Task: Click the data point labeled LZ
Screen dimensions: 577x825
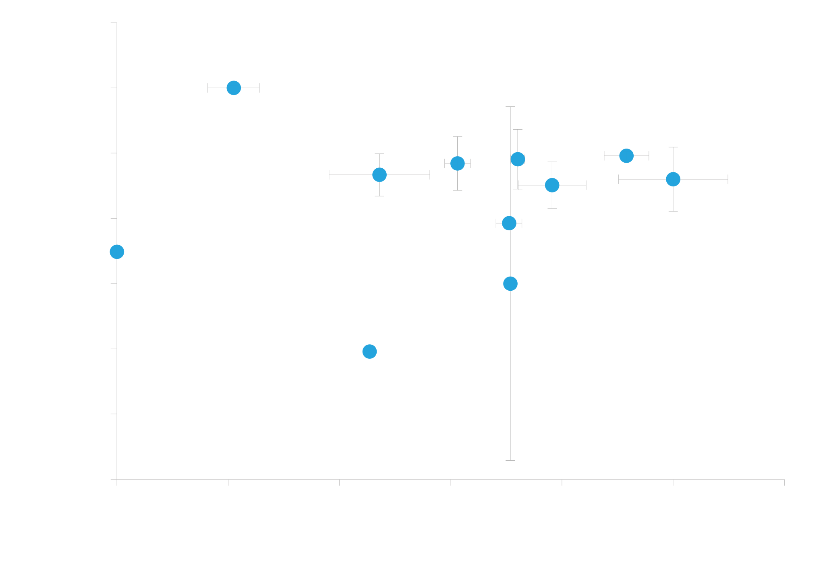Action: point(234,88)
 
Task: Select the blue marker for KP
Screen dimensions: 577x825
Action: point(117,252)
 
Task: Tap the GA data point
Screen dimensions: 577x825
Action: point(369,352)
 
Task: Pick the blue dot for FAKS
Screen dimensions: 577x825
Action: point(673,179)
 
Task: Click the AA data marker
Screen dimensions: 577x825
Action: point(510,283)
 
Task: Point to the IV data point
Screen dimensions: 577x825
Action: point(509,223)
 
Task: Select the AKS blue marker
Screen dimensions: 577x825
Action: point(626,155)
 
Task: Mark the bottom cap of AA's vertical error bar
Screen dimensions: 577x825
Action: point(510,460)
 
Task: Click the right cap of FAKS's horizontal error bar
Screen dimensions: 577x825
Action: point(728,179)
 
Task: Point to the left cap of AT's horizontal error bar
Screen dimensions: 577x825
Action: point(329,175)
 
